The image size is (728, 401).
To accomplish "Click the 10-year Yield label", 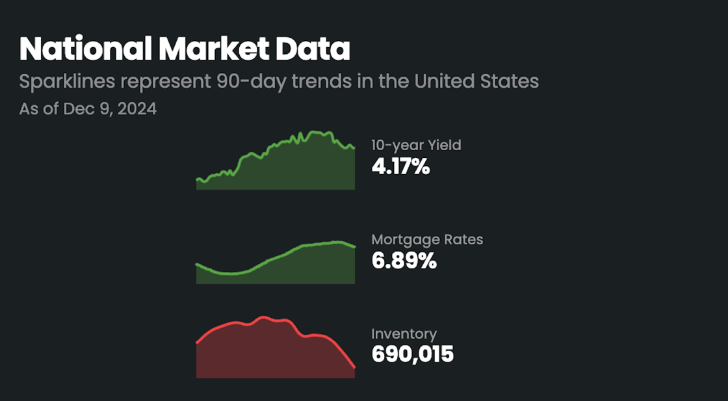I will click(416, 145).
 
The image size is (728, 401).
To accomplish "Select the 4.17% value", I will click(400, 167).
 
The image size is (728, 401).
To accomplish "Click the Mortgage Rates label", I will click(427, 239).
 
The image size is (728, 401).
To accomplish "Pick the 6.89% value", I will click(404, 261).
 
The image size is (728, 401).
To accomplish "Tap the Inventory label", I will click(404, 334).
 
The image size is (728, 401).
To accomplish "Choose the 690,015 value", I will click(412, 355).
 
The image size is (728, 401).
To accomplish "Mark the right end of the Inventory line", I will click(354, 368).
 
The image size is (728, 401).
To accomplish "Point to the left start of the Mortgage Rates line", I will click(197, 264).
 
